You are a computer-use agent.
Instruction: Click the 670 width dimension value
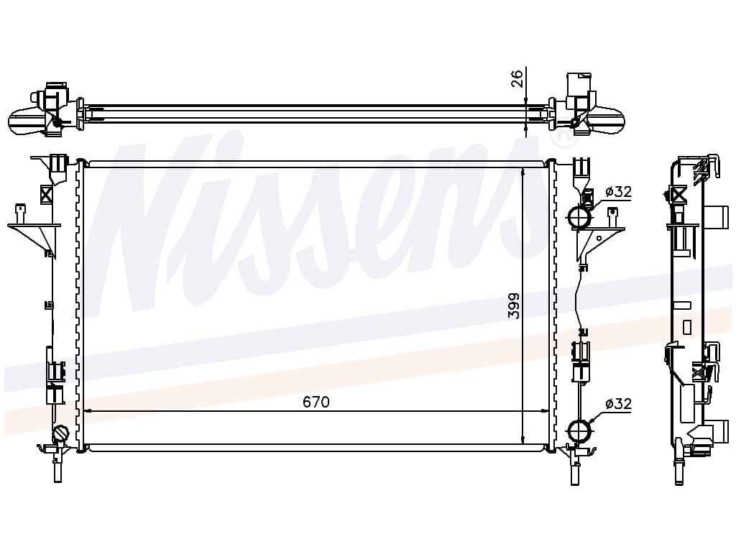point(316,402)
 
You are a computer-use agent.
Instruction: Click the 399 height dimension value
point(515,305)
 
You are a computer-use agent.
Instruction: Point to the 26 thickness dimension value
point(516,78)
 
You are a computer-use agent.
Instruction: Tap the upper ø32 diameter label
point(618,191)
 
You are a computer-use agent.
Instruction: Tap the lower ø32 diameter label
point(618,403)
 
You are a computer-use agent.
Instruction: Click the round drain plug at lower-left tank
point(60,433)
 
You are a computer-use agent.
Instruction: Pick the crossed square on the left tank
point(47,194)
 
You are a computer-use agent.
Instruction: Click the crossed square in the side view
point(678,194)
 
